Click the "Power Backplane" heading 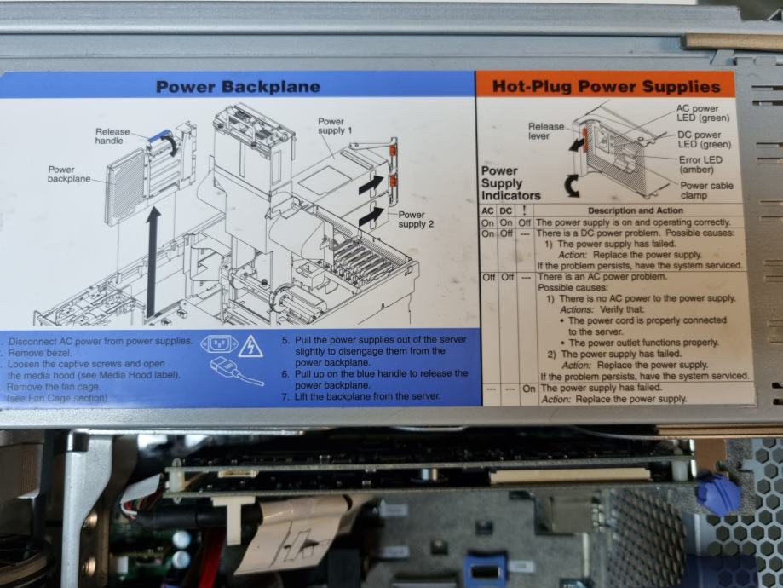tap(238, 87)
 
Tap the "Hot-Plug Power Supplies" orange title tap(605, 86)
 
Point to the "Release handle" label tap(112, 137)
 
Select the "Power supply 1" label tap(333, 126)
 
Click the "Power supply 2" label tap(417, 219)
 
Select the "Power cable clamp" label tap(705, 190)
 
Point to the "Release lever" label tap(545, 131)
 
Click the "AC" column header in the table tap(488, 210)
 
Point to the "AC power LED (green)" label tap(697, 113)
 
